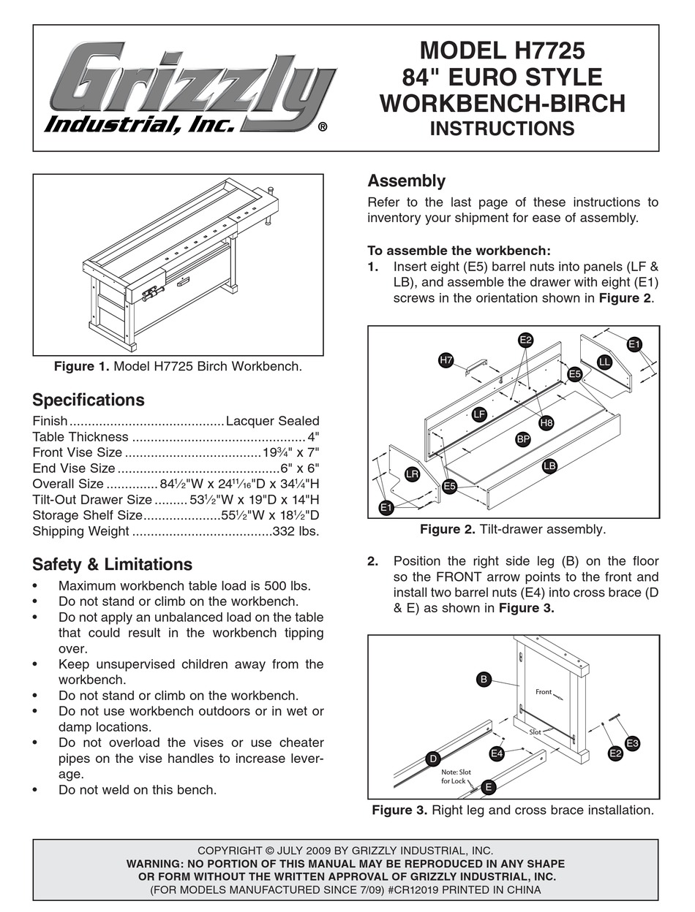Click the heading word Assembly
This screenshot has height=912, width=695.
pos(406,181)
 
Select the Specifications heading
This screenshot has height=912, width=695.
pos(89,400)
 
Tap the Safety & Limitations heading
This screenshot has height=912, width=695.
pos(112,564)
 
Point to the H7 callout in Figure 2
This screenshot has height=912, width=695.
pos(446,360)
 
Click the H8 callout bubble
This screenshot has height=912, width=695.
pos(546,422)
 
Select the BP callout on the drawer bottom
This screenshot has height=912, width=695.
pos(523,439)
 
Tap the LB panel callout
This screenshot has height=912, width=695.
pos(549,465)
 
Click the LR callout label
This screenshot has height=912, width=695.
pos(412,474)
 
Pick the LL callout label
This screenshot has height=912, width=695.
pos(604,362)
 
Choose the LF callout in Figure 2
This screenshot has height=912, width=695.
pos(479,414)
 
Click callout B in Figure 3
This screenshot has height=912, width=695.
pos(484,679)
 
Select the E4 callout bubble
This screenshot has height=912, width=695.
pos(497,753)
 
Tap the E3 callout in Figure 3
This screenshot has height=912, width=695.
pos(633,744)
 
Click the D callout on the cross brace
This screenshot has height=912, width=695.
pos(433,759)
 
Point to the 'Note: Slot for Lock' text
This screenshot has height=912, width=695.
pos(457,776)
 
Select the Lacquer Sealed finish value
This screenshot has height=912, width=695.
pos(273,421)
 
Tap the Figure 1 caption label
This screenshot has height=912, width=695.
pos(81,366)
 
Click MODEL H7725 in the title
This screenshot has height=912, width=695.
pos(502,50)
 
